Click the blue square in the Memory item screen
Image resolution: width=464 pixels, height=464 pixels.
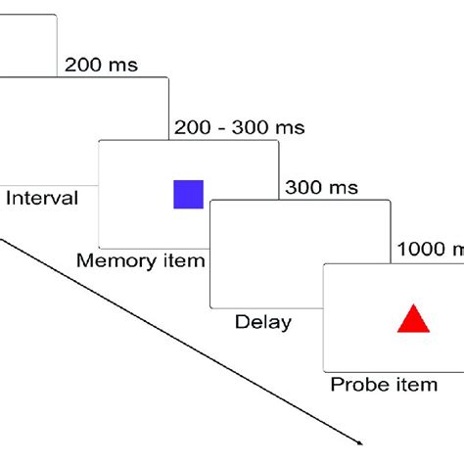tap(188, 194)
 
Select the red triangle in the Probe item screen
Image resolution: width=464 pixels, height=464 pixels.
tap(412, 321)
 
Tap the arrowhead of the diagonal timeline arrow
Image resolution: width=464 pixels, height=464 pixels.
tap(367, 440)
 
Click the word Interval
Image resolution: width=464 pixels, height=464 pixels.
tap(42, 199)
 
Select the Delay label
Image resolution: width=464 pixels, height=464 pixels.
tap(262, 321)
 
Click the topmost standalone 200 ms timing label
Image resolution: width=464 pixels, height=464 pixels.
tap(101, 66)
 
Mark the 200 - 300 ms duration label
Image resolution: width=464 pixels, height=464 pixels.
tap(238, 127)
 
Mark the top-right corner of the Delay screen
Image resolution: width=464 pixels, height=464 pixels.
tap(391, 201)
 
